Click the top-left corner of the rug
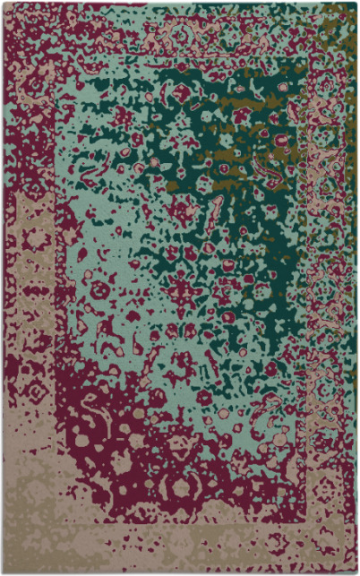[x=3, y=3]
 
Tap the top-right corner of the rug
[x=356, y=3]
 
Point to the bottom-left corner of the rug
[x=3, y=572]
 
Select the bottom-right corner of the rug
[x=356, y=572]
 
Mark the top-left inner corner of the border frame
[x=59, y=59]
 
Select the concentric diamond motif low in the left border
[x=36, y=394]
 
